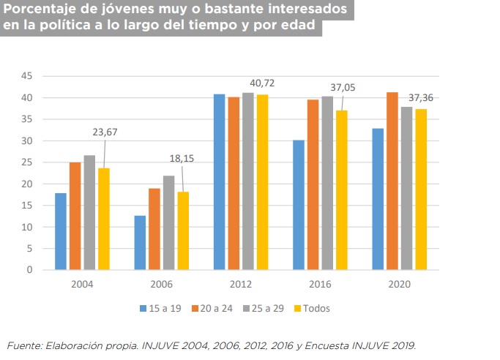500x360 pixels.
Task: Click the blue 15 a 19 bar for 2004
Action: tap(61, 231)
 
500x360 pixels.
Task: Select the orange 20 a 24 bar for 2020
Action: tap(392, 181)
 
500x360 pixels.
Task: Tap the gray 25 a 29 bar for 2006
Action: tap(168, 222)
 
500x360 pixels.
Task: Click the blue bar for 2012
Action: tap(219, 182)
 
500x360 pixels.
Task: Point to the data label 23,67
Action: tap(105, 132)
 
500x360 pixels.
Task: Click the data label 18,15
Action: tap(182, 157)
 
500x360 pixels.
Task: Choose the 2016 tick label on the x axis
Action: tap(320, 285)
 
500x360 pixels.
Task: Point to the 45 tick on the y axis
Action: tap(27, 76)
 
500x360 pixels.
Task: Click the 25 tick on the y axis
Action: tap(27, 162)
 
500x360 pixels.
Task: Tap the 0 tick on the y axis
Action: tap(30, 270)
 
